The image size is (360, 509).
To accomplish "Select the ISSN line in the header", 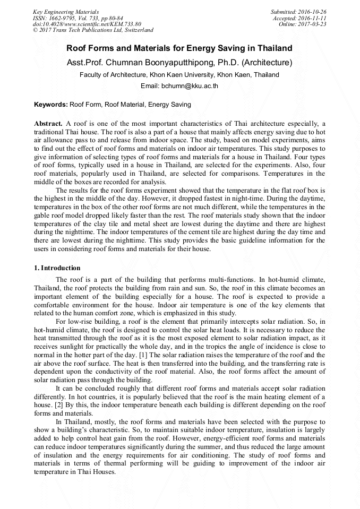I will coord(78,18).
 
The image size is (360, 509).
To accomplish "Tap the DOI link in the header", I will coord(87,24).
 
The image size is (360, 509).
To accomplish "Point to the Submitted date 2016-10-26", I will coord(298,12).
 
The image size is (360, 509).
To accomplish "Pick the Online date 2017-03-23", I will coord(303,24).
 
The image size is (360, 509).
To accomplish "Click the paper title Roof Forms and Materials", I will coord(179,48).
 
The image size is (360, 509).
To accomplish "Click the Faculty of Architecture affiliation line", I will coord(179,75).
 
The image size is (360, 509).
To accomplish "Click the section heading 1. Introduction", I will coord(57,268).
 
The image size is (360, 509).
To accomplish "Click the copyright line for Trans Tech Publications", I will coord(93,30).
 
